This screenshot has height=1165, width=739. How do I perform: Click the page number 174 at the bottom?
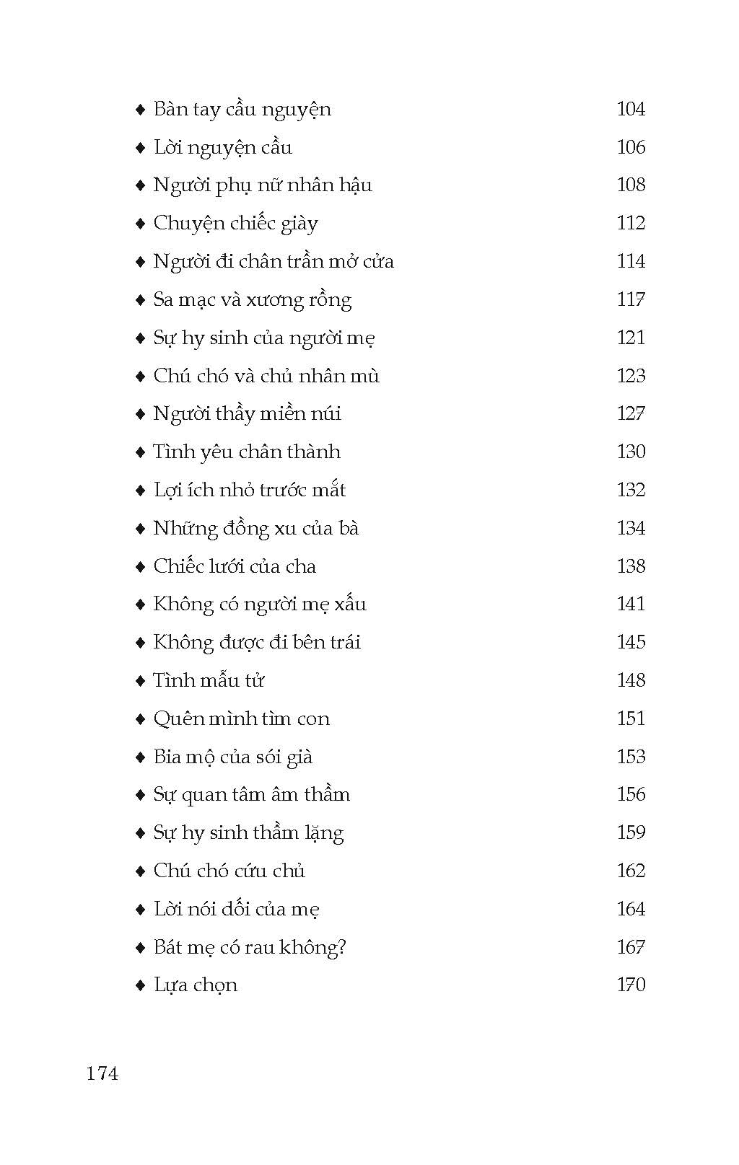point(102,1073)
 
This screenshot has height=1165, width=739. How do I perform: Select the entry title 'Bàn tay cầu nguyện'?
point(242,110)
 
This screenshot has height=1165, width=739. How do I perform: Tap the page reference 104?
point(631,109)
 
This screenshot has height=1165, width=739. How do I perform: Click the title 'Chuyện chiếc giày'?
point(235,224)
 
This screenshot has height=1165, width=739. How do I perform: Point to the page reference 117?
point(631,299)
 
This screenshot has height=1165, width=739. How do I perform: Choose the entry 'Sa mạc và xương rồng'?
point(252,300)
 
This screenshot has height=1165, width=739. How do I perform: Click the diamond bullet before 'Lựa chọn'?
point(141,985)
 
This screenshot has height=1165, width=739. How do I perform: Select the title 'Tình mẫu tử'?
point(209,681)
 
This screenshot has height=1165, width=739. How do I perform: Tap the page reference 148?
point(631,680)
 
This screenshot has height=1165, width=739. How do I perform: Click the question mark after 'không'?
point(341,947)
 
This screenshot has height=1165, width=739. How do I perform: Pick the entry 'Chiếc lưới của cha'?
point(235,567)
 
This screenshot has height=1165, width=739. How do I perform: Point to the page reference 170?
point(631,985)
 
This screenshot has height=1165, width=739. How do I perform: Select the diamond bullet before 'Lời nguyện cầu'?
point(141,148)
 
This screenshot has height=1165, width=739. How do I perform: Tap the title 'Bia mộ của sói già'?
point(232,757)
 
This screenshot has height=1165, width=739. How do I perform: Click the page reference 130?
point(631,452)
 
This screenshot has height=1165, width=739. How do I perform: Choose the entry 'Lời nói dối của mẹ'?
point(236,910)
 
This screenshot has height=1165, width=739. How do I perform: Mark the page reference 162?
point(631,871)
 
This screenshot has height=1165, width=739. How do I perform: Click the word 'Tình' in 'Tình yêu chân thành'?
point(170,452)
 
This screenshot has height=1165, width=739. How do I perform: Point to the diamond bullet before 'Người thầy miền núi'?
point(141,414)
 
